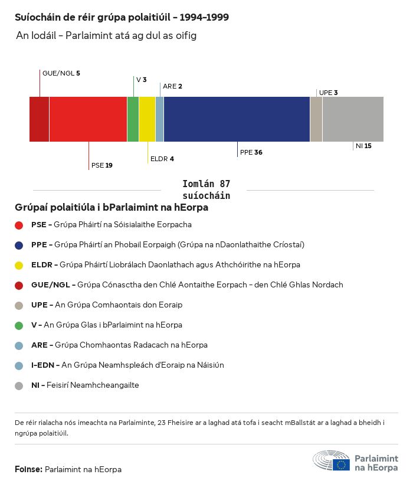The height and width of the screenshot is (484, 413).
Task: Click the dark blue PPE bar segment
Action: tap(237, 119)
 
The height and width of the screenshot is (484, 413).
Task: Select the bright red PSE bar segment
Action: tap(88, 119)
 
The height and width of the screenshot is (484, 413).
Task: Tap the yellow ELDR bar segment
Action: tap(147, 119)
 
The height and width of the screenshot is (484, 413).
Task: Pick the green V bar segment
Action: tap(133, 119)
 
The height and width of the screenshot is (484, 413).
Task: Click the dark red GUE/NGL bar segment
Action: tap(39, 119)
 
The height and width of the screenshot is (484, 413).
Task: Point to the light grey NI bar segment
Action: tap(353, 119)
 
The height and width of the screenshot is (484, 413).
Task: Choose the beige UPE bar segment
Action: tap(316, 119)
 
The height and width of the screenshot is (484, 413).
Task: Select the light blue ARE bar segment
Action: tap(159, 119)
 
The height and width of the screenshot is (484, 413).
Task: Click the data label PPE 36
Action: tap(251, 152)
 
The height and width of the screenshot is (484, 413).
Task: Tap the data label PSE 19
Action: tap(101, 165)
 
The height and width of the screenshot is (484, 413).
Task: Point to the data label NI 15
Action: tap(363, 146)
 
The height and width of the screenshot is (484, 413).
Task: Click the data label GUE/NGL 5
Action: tap(61, 73)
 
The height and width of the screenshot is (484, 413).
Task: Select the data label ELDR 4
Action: tap(162, 159)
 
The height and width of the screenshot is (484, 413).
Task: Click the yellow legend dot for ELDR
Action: tap(19, 265)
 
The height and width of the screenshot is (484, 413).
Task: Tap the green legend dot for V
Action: tap(19, 325)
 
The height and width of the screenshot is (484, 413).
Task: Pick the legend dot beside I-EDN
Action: tap(19, 365)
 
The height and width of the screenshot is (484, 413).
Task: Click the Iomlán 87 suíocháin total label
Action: tap(206, 189)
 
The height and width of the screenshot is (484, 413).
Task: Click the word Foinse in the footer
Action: tap(28, 469)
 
